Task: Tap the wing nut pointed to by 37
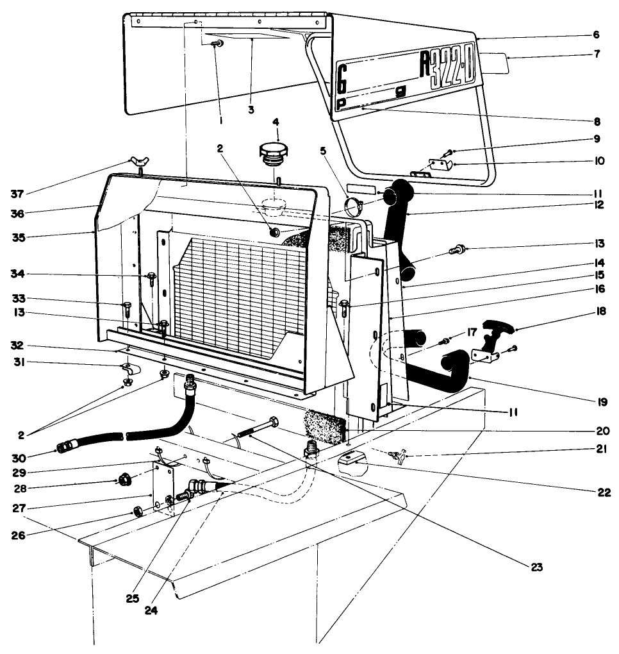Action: tap(138, 167)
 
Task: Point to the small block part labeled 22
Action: tap(353, 458)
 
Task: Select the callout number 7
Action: tap(597, 54)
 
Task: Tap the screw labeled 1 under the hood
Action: tap(219, 44)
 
